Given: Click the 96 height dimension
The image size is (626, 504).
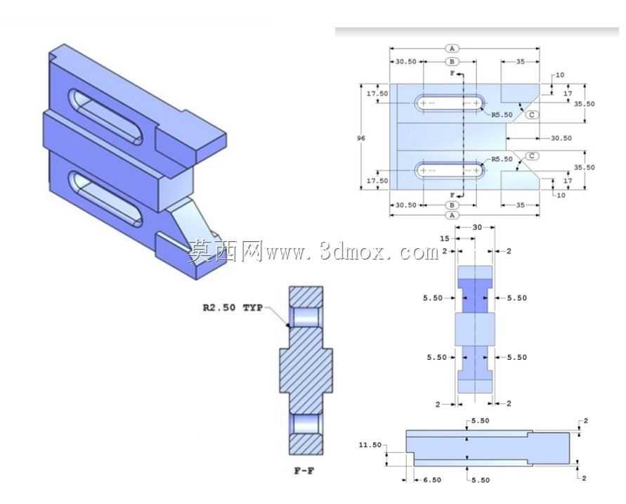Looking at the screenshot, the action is point(361,138).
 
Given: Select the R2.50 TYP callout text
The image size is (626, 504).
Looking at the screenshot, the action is point(233,307).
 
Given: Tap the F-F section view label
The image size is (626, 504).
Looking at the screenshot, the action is point(304,471).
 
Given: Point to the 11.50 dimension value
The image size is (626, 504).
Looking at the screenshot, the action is point(370,445).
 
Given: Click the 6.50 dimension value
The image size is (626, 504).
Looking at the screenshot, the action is point(432,480).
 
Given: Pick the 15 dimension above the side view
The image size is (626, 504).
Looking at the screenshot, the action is point(444,238).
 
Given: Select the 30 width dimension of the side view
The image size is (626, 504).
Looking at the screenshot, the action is point(478,227).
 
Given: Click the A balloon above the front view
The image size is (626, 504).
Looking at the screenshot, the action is point(452,49).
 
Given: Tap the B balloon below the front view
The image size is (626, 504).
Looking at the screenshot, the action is point(452,205).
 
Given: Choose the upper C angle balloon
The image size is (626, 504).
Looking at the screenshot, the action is point(532,115).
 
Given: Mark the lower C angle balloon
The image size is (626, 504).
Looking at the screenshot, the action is point(532,156).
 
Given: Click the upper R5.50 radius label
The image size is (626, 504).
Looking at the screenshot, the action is point(502,115).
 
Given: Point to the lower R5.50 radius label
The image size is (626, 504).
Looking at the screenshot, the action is point(502,159).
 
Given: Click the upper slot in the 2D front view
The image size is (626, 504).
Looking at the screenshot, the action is point(450,103).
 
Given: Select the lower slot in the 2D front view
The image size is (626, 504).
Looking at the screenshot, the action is point(450,171).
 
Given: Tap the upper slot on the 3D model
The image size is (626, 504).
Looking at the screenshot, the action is point(105,116).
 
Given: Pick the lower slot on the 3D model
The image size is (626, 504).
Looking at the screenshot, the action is point(105,199).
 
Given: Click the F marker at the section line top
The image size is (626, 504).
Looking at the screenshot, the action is point(452,74).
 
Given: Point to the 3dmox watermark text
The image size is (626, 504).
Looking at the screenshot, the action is point(313,252).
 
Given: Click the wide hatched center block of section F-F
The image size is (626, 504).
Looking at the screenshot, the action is point(306,370).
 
